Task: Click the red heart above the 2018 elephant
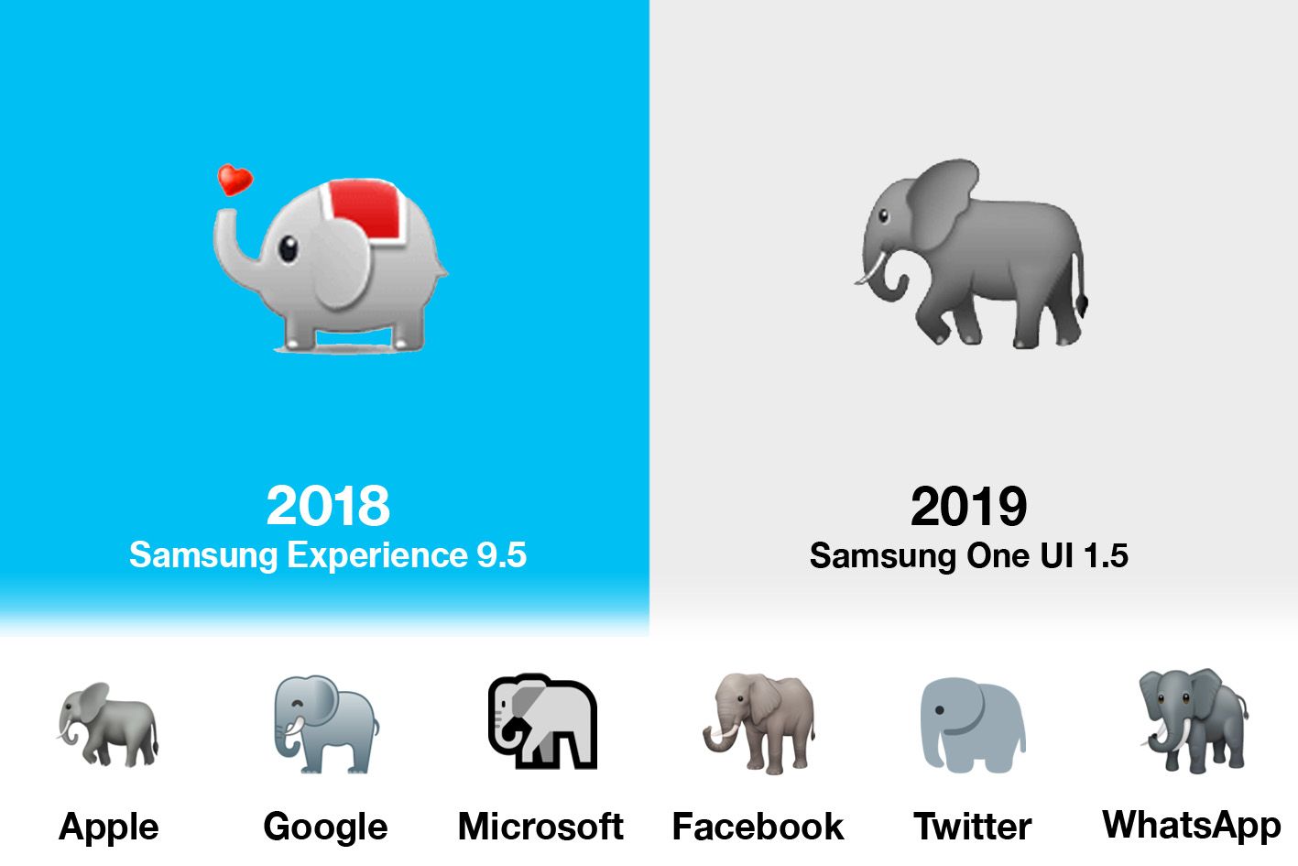[235, 180]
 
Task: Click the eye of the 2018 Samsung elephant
[288, 248]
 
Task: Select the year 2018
[328, 506]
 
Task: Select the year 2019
[968, 507]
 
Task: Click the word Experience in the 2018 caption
[376, 555]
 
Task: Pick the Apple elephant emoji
[108, 724]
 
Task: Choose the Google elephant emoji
[325, 724]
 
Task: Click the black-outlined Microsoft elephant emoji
[542, 721]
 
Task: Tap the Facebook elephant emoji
[759, 723]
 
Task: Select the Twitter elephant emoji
[972, 725]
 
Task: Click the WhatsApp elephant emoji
[1193, 721]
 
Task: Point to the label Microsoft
[540, 827]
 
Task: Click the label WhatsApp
[1191, 825]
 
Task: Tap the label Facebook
[758, 827]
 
